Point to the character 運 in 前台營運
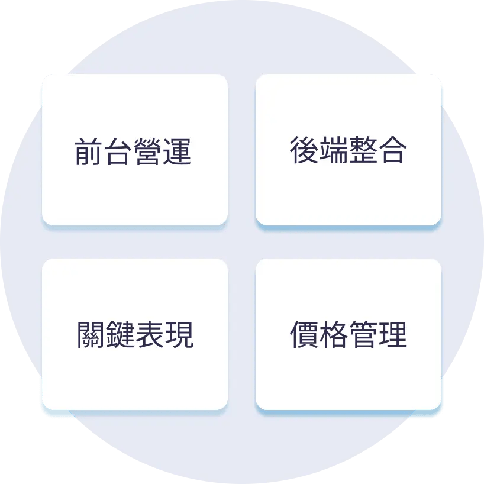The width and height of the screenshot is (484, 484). pyautogui.click(x=178, y=152)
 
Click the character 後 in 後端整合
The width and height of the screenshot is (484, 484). pyautogui.click(x=304, y=150)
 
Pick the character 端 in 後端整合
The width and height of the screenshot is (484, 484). pyautogui.click(x=333, y=150)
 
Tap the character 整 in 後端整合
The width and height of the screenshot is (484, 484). pyautogui.click(x=363, y=150)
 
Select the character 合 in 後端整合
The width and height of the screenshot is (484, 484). pyautogui.click(x=392, y=150)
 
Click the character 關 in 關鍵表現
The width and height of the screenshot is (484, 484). pyautogui.click(x=91, y=335)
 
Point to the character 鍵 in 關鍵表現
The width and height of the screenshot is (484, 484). pyautogui.click(x=120, y=335)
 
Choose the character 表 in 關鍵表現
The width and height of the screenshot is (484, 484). pyautogui.click(x=150, y=335)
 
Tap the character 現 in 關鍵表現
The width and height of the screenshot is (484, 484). pyautogui.click(x=179, y=335)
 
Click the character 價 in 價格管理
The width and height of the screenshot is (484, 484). pyautogui.click(x=304, y=335)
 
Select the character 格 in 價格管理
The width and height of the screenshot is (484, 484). pyautogui.click(x=333, y=335)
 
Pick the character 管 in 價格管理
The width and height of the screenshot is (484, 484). pyautogui.click(x=363, y=335)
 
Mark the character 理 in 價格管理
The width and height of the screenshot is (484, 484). pyautogui.click(x=392, y=335)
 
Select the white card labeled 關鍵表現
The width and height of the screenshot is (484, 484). pyautogui.click(x=135, y=373)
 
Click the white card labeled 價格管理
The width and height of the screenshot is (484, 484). pyautogui.click(x=349, y=373)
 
